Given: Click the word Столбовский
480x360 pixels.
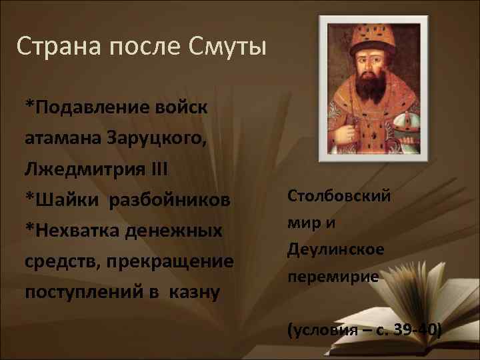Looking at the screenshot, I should [338, 196].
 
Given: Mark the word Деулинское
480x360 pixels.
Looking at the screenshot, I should [335, 249].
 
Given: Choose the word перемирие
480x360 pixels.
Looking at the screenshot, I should [333, 276].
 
